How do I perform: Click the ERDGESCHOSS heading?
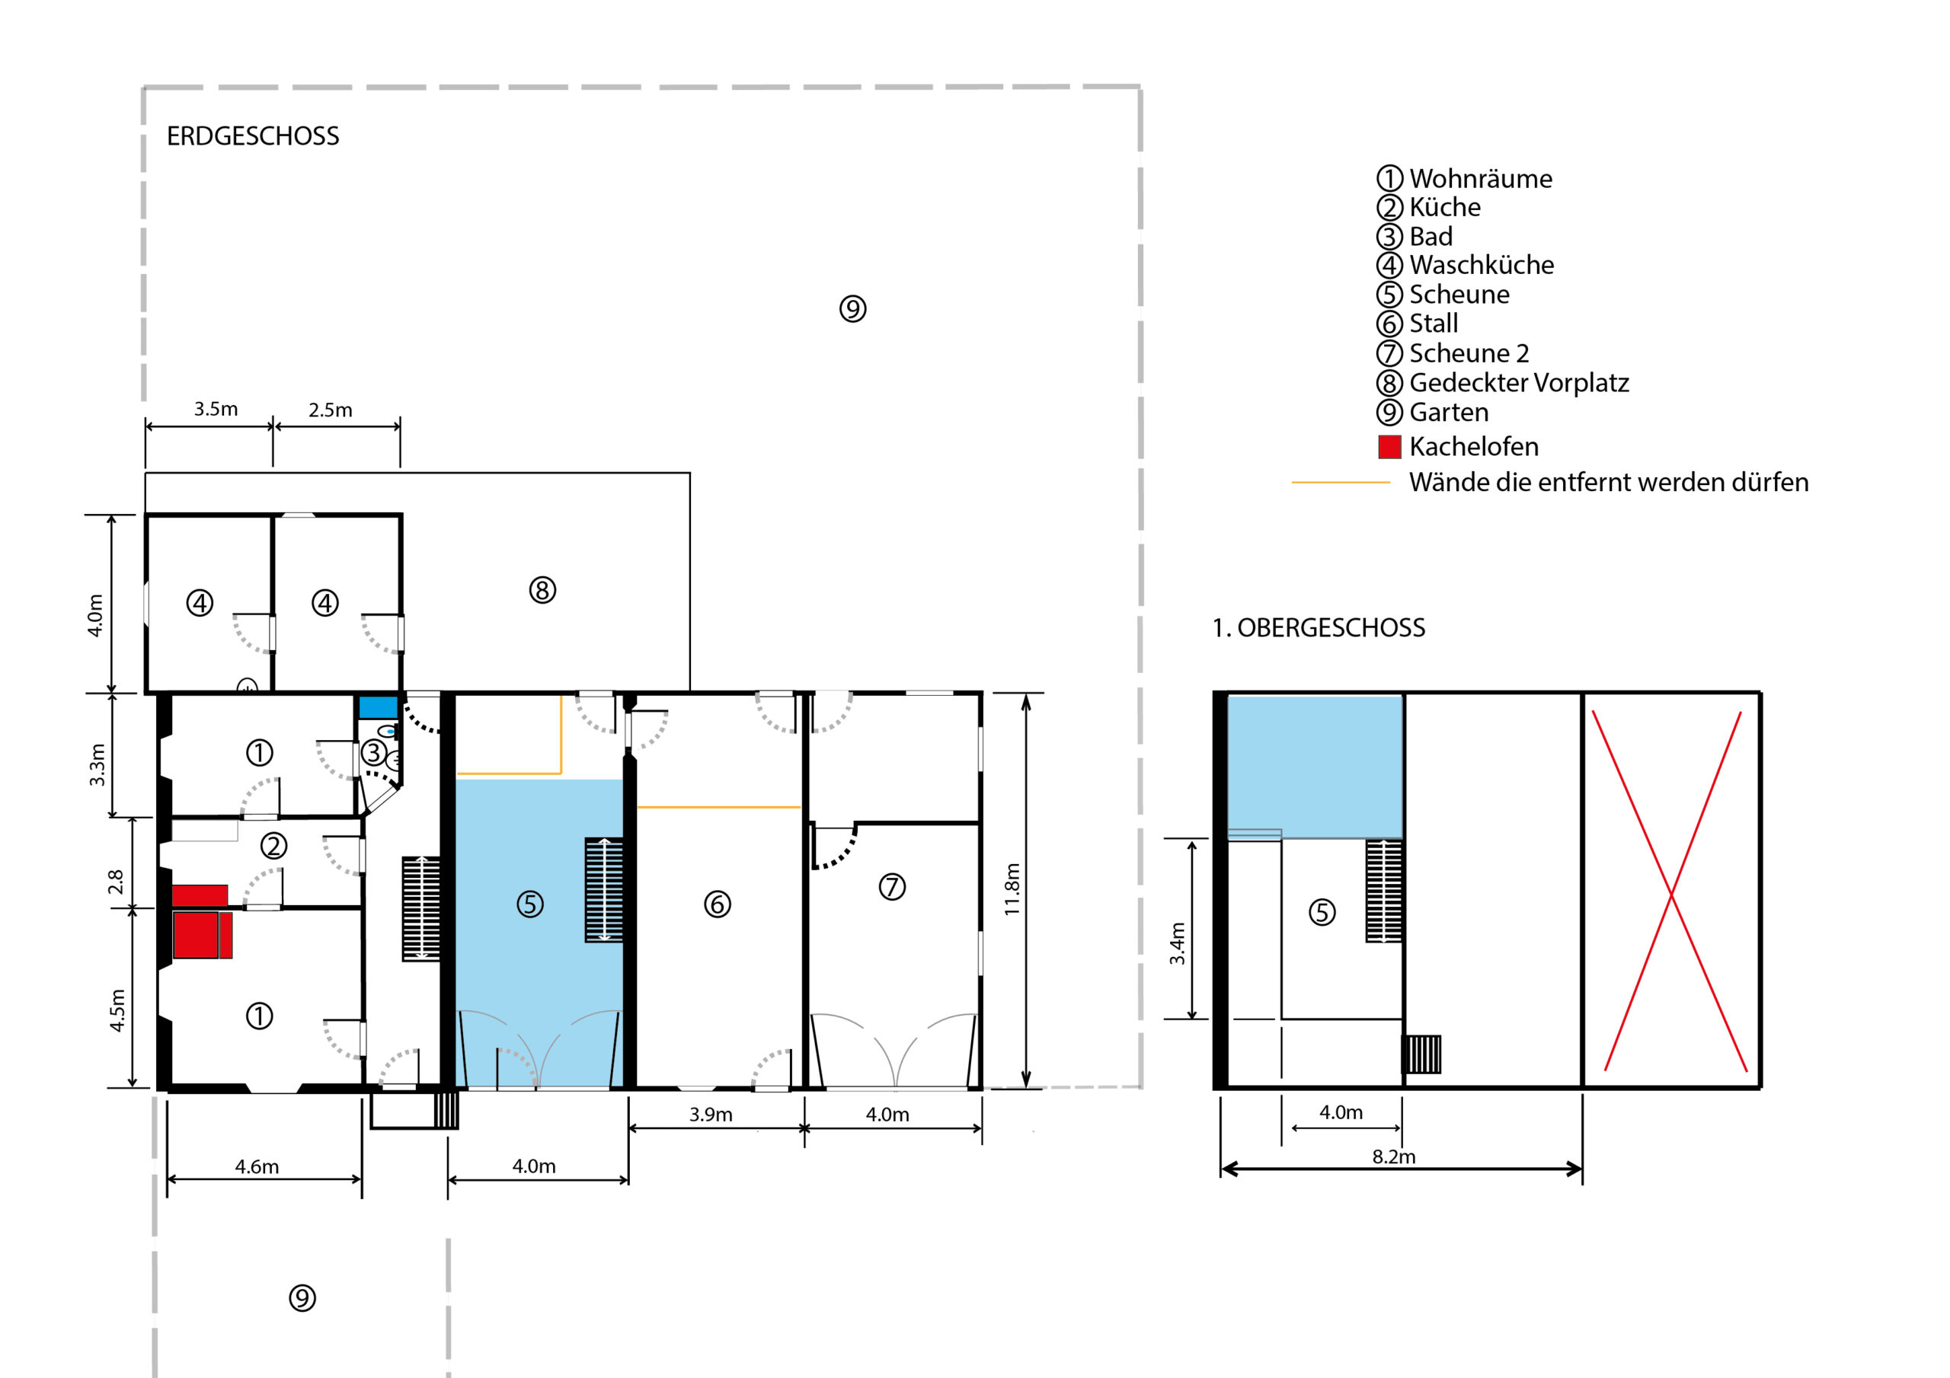point(252,136)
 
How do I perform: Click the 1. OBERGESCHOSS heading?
point(1318,627)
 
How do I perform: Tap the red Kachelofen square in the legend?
point(1389,447)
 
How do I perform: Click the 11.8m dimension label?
point(1012,889)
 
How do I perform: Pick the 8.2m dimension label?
point(1394,1156)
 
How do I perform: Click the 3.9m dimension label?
point(711,1114)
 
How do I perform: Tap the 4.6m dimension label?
point(257,1166)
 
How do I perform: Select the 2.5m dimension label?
point(331,410)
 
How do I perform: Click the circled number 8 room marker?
point(542,590)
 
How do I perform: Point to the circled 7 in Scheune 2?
point(892,887)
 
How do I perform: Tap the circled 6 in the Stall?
point(718,904)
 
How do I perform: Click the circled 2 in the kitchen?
point(273,846)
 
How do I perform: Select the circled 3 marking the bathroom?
point(374,752)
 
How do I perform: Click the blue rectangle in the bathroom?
point(378,707)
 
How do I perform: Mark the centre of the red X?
point(1671,893)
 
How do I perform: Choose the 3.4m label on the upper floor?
point(1176,943)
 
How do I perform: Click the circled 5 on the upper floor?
point(1322,913)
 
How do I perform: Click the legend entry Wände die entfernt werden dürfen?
point(1609,482)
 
